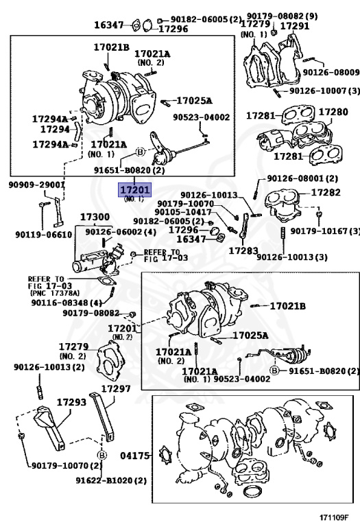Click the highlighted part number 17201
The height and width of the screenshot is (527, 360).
(x=134, y=190)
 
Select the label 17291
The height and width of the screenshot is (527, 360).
(x=295, y=26)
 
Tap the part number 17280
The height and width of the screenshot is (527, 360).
(x=333, y=112)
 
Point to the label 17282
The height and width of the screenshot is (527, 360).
(x=326, y=192)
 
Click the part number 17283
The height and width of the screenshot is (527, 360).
(x=243, y=250)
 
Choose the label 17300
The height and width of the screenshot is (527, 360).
(x=95, y=217)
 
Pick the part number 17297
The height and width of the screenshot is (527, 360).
(x=116, y=389)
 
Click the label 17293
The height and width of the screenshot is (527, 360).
(x=71, y=402)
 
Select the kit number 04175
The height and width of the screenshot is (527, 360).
(x=135, y=456)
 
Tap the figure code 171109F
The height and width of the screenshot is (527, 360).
(x=334, y=517)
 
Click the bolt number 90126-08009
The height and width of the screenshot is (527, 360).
(x=331, y=72)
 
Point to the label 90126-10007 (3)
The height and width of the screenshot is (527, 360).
(x=324, y=91)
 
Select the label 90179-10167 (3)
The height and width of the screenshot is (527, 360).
(x=325, y=231)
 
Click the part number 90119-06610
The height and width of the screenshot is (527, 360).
(x=44, y=234)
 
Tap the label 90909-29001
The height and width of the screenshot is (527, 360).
(x=36, y=185)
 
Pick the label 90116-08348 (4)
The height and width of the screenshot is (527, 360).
(x=67, y=303)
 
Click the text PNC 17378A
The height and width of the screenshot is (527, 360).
(x=55, y=293)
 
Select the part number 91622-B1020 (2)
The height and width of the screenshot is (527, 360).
(x=111, y=480)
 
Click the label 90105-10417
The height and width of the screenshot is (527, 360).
(x=183, y=212)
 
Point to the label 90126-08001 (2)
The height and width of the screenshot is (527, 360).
(x=302, y=178)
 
